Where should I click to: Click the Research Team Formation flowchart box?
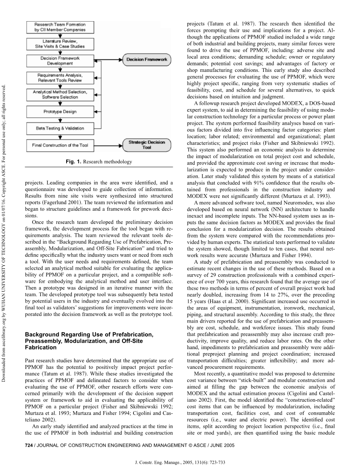60,27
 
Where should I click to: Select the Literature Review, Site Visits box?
60,43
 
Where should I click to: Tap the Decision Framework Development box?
60,61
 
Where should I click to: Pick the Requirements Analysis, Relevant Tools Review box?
60,78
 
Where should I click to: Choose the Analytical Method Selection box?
60,95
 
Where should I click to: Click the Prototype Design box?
60,112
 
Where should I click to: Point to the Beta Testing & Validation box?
60,128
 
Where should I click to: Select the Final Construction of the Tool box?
60,145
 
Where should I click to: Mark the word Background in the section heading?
40,335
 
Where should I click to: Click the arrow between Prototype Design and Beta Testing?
60,120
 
